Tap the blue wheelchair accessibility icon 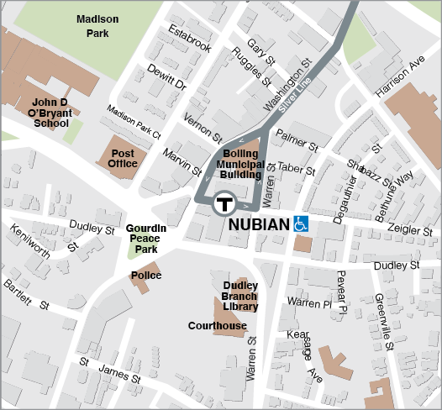point(301,225)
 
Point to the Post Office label point(123,159)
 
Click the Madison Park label point(98,27)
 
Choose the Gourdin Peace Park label point(146,239)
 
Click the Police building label point(146,276)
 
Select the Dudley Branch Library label point(239,297)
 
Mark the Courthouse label point(218,326)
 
